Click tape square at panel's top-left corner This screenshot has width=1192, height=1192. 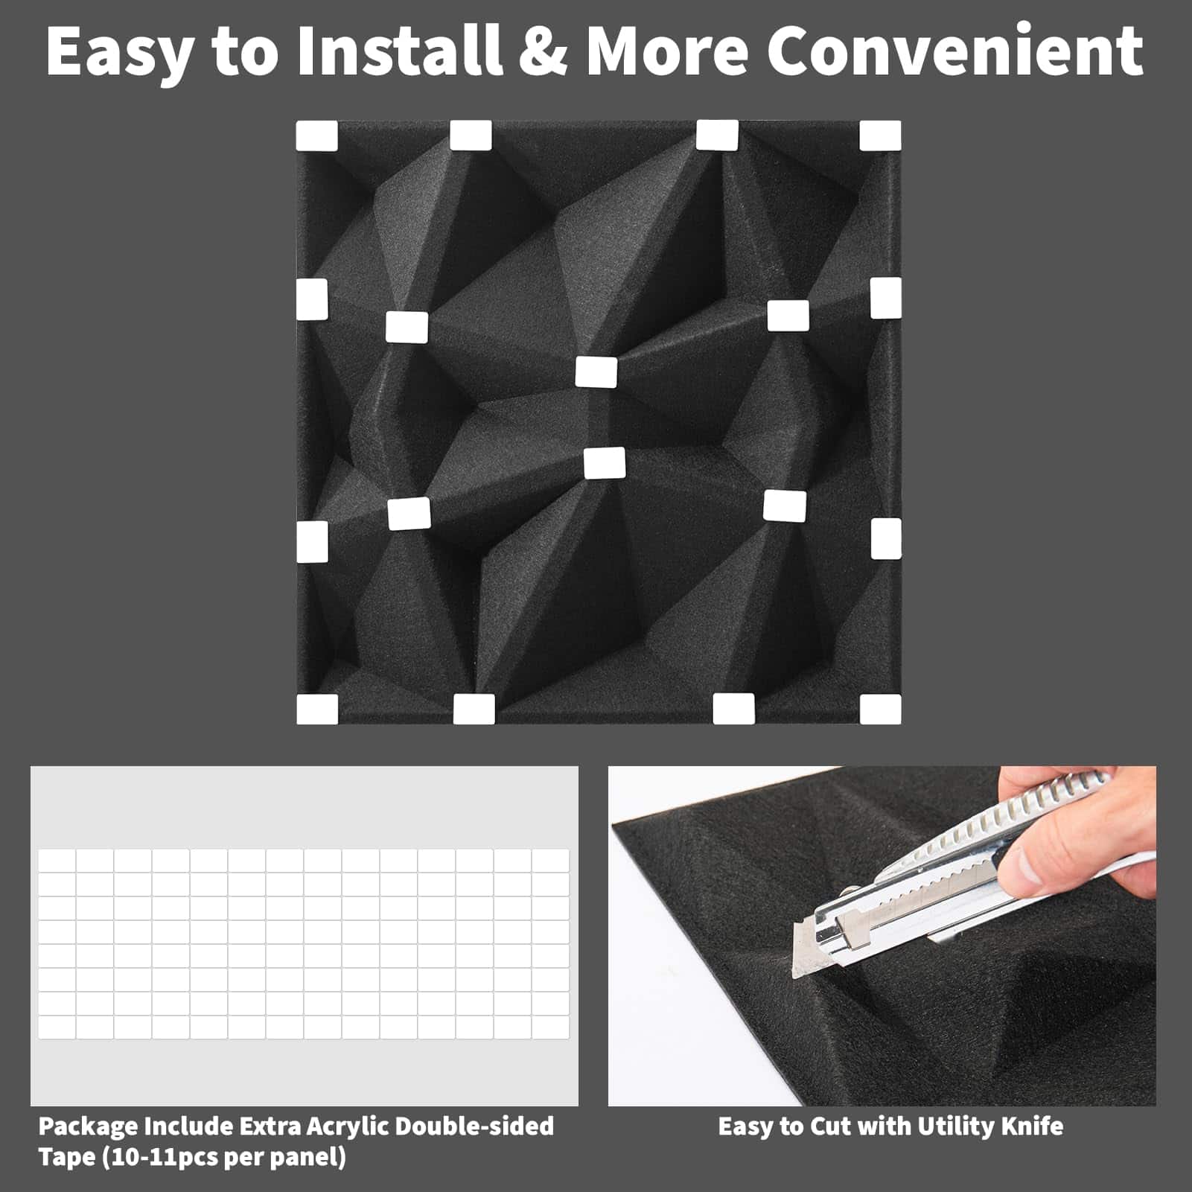coord(316,137)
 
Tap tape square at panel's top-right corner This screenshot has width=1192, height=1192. coord(880,137)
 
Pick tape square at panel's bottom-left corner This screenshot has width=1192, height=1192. coord(316,709)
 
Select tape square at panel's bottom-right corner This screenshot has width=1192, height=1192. coord(880,709)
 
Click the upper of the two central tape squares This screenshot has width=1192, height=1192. coord(596,372)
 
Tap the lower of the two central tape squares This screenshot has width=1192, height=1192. coord(605,462)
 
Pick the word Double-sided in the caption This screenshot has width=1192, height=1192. coord(474,1126)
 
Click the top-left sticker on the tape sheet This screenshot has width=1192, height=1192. coord(57,861)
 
